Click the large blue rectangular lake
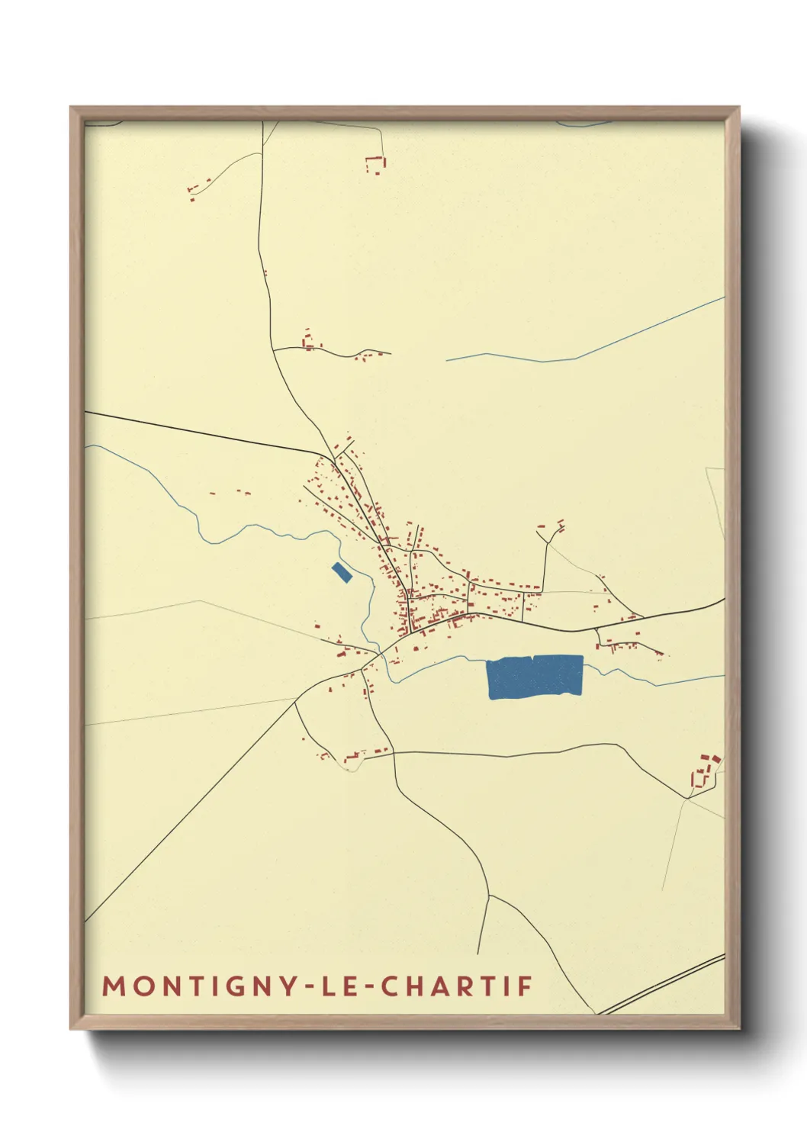[535, 676]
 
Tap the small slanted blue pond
[342, 572]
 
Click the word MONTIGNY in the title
[199, 986]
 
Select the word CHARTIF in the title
[456, 986]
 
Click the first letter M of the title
[113, 986]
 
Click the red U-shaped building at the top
[375, 164]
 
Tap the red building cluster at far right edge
[706, 770]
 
